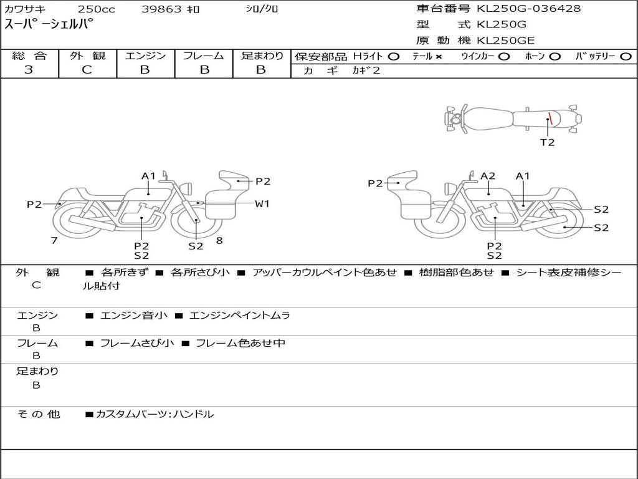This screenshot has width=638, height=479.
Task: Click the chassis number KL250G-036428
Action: [528, 8]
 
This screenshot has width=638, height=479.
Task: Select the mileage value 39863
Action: [161, 9]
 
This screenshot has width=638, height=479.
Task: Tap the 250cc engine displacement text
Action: [97, 9]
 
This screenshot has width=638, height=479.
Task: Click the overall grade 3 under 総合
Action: [29, 70]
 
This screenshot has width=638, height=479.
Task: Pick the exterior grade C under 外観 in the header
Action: [87, 70]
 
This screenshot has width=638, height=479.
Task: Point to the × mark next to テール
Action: [438, 57]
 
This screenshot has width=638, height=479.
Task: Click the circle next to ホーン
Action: [555, 57]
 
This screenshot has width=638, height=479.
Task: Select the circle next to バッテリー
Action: [626, 57]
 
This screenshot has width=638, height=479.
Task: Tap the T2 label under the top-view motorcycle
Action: [547, 142]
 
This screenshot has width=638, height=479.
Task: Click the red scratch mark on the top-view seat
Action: [550, 118]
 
